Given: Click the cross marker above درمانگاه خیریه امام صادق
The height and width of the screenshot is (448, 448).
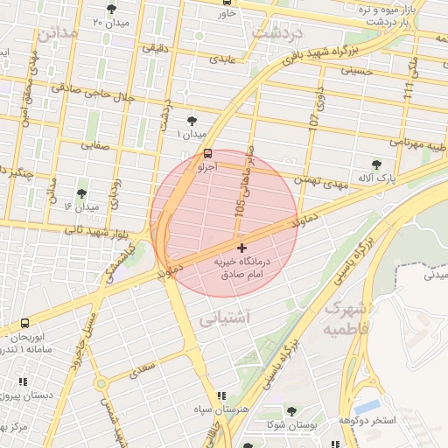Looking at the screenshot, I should pos(242,248).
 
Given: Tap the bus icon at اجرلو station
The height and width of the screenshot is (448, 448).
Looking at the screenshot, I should pos(206,153).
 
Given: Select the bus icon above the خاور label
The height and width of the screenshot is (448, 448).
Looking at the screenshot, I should pos(228,3).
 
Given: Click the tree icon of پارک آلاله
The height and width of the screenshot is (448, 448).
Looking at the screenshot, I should pos(376,164).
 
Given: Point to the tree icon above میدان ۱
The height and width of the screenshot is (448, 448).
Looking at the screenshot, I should pos(192,122).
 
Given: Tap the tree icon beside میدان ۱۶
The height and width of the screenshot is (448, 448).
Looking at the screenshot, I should pos(81,193).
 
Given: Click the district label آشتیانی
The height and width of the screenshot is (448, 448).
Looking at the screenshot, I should pos(226,320).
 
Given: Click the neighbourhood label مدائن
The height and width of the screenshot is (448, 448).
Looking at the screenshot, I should pos(57,34).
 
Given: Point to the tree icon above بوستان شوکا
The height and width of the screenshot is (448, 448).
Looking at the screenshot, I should pos(291,411).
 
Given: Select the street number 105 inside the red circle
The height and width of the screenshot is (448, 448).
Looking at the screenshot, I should pos(240,206).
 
